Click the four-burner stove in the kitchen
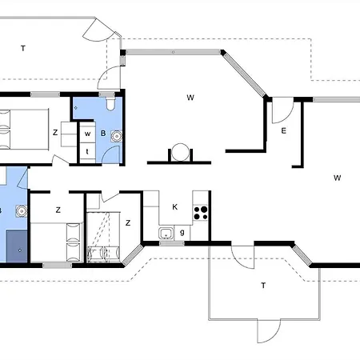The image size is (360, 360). (200, 213)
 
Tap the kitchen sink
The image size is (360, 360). (166, 234)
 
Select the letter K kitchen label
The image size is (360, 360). (175, 207)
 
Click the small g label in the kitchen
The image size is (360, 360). (182, 233)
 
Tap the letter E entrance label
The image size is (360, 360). (284, 130)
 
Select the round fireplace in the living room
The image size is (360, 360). (180, 152)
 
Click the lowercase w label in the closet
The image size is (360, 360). (87, 134)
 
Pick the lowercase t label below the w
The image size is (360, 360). (87, 152)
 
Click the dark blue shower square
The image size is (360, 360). (17, 246)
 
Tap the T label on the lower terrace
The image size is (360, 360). (263, 286)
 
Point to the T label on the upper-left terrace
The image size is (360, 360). (23, 49)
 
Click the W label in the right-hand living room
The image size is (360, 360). (338, 178)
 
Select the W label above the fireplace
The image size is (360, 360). (190, 98)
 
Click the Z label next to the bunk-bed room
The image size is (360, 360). (128, 223)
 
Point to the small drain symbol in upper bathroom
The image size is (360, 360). (76, 108)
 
